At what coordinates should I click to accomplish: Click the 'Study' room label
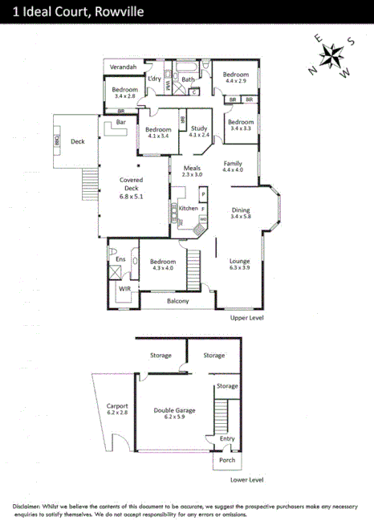(x=199, y=128)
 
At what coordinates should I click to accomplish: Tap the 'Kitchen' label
(x=188, y=208)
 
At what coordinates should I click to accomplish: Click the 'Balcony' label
(x=178, y=301)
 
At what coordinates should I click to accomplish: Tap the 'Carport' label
(x=117, y=405)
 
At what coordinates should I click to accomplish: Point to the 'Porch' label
(x=227, y=460)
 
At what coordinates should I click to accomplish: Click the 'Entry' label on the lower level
(x=228, y=439)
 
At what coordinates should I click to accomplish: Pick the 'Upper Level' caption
(x=246, y=318)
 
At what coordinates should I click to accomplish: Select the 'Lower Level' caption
(x=246, y=480)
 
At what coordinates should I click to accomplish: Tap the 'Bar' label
(x=122, y=123)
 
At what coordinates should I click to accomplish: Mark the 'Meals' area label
(x=192, y=167)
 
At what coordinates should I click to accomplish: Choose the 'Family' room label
(x=233, y=162)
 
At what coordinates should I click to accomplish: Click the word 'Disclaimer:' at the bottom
(x=32, y=507)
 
